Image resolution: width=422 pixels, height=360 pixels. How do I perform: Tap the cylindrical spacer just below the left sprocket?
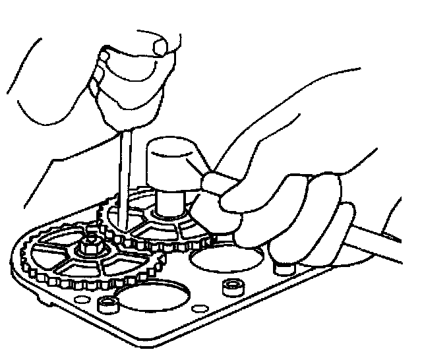click(107, 305)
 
